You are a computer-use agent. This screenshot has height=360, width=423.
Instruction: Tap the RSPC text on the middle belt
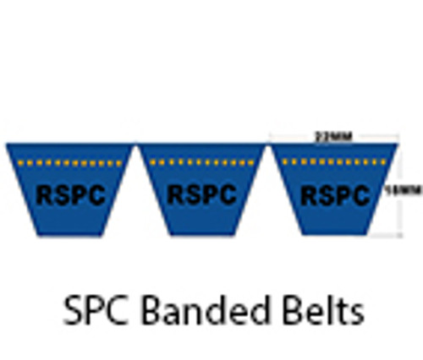tap(201, 195)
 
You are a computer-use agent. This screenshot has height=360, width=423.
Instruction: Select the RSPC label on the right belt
tap(335, 195)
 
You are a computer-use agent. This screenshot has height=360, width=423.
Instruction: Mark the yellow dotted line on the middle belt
tap(201, 161)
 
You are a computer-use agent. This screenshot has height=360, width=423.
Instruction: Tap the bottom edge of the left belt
tap(70, 235)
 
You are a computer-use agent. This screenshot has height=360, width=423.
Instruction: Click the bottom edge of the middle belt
tap(201, 235)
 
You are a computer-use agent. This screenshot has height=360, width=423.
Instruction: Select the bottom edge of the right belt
tap(333, 235)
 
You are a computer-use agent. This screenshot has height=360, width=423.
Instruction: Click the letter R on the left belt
tap(45, 195)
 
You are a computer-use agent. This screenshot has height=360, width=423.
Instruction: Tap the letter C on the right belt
tap(360, 195)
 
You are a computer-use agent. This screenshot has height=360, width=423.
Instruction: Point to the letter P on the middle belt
tap(211, 195)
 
